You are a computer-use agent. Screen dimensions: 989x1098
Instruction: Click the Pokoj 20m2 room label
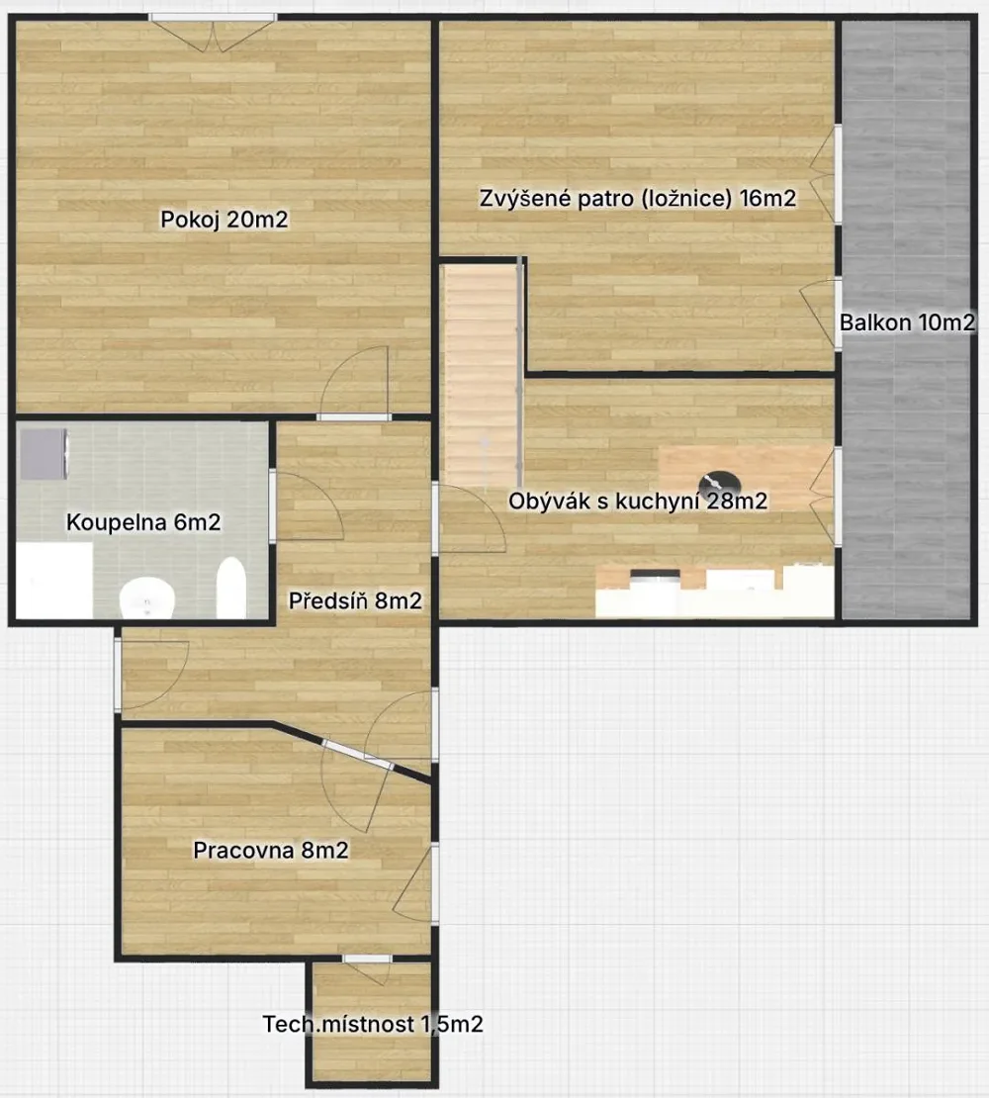[224, 220]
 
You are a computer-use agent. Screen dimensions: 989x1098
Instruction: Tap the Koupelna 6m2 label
[143, 522]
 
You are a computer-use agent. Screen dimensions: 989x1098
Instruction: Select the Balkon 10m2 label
[907, 322]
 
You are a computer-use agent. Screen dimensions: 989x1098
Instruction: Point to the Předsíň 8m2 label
[356, 600]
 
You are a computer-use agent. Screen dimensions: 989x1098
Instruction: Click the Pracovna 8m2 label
[271, 850]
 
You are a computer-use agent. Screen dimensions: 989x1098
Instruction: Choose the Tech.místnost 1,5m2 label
[373, 1025]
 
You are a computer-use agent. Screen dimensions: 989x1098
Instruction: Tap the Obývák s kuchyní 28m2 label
[638, 502]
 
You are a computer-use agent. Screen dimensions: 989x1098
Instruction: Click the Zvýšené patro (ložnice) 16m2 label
[638, 199]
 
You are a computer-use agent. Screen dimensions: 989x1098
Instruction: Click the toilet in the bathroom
[147, 597]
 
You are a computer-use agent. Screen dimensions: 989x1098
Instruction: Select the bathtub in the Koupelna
[231, 589]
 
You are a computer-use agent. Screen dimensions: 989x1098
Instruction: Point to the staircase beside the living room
[482, 376]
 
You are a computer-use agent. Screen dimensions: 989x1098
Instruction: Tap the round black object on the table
[720, 483]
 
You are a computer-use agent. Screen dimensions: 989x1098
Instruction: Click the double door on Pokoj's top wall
[213, 33]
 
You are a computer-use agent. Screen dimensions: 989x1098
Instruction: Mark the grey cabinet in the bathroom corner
[44, 454]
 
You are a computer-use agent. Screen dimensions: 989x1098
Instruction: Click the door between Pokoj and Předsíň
[354, 383]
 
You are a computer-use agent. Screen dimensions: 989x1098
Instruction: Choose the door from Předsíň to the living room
[469, 518]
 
